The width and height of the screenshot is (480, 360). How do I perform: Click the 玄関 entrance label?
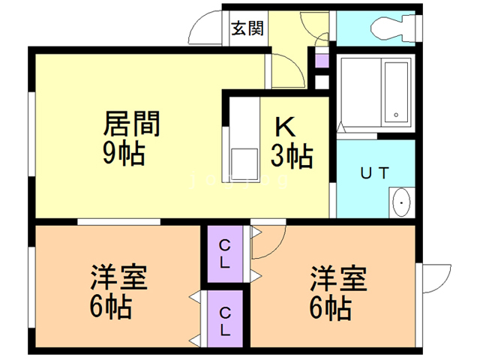coord(247,29)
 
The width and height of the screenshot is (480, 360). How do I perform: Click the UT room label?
coord(373,173)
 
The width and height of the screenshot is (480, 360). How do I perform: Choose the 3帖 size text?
coord(292,157)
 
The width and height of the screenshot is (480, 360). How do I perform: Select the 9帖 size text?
coord(122,154)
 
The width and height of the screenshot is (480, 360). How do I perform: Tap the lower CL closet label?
coord(225,319)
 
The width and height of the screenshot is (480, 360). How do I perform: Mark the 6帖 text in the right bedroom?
coord(330,308)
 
